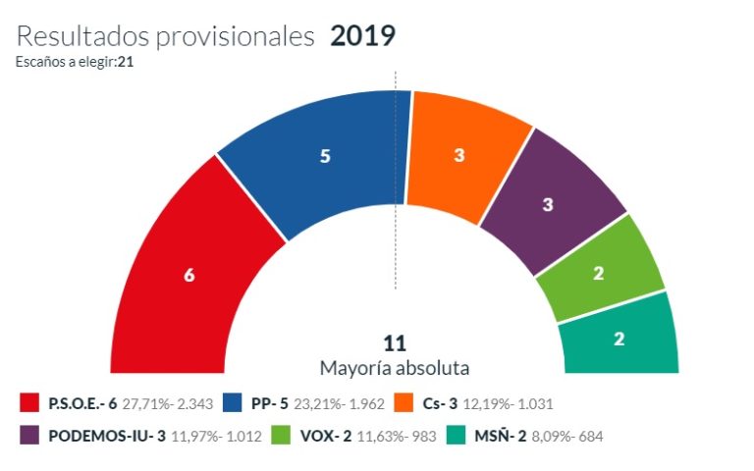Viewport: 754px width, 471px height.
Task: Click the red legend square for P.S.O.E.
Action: [30, 403]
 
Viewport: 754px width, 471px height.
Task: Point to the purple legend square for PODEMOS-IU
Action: [30, 435]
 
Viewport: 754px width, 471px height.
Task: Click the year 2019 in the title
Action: [363, 36]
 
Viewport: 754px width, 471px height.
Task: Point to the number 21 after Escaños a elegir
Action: [125, 62]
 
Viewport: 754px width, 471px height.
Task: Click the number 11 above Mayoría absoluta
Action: [395, 343]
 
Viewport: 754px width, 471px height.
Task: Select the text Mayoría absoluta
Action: [395, 368]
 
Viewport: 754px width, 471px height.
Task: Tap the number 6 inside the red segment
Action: [189, 276]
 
